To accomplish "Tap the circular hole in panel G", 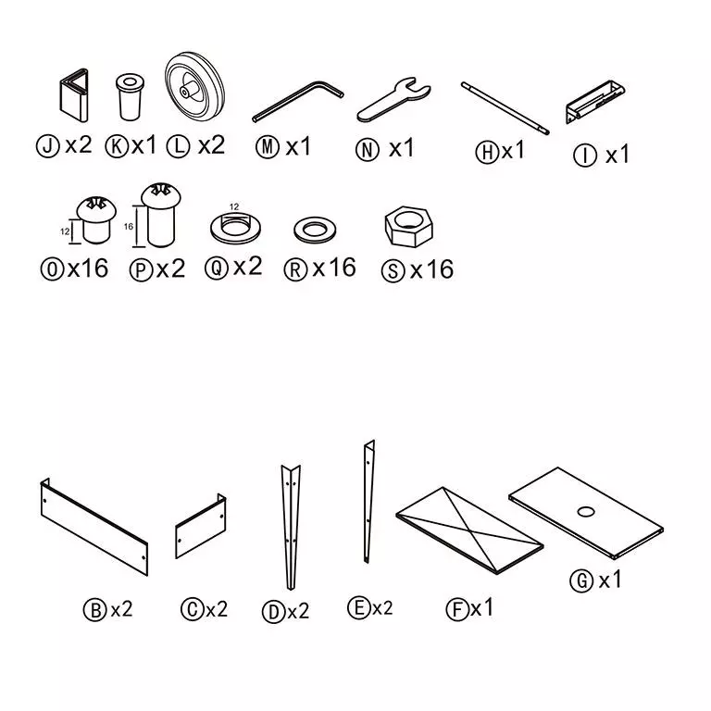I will [x=586, y=511].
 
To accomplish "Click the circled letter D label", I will [x=272, y=611].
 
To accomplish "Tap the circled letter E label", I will [x=358, y=608].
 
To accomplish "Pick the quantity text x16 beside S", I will [x=431, y=270].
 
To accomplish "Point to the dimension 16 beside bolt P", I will [x=128, y=225].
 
